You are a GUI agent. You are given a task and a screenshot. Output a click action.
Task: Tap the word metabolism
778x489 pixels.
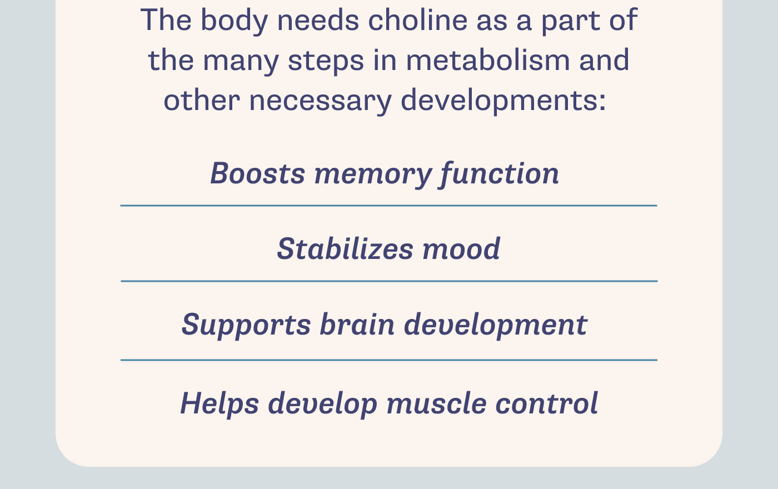point(488,60)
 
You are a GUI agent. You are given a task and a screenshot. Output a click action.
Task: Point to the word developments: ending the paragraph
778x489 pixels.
point(503,101)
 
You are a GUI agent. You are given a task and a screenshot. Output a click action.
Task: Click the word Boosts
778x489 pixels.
point(257,173)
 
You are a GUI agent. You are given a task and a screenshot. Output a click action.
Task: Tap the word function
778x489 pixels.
point(500,173)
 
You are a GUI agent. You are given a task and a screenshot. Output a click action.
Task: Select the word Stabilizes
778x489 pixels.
point(345,248)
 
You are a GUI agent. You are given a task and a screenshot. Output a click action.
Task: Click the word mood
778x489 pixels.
point(461,248)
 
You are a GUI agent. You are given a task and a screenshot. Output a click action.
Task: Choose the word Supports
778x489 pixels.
point(246,325)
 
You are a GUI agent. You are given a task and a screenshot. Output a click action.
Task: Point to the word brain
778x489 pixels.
point(357,324)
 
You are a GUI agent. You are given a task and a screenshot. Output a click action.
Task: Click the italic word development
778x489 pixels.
point(495,325)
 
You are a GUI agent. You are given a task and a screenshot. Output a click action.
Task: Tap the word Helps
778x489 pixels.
point(220,403)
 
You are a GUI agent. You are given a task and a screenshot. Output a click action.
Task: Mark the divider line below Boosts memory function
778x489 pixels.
point(389,206)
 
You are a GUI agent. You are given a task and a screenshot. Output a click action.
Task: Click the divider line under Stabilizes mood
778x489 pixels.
point(389,281)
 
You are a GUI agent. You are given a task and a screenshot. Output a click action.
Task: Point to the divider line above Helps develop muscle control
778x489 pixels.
point(389,360)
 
